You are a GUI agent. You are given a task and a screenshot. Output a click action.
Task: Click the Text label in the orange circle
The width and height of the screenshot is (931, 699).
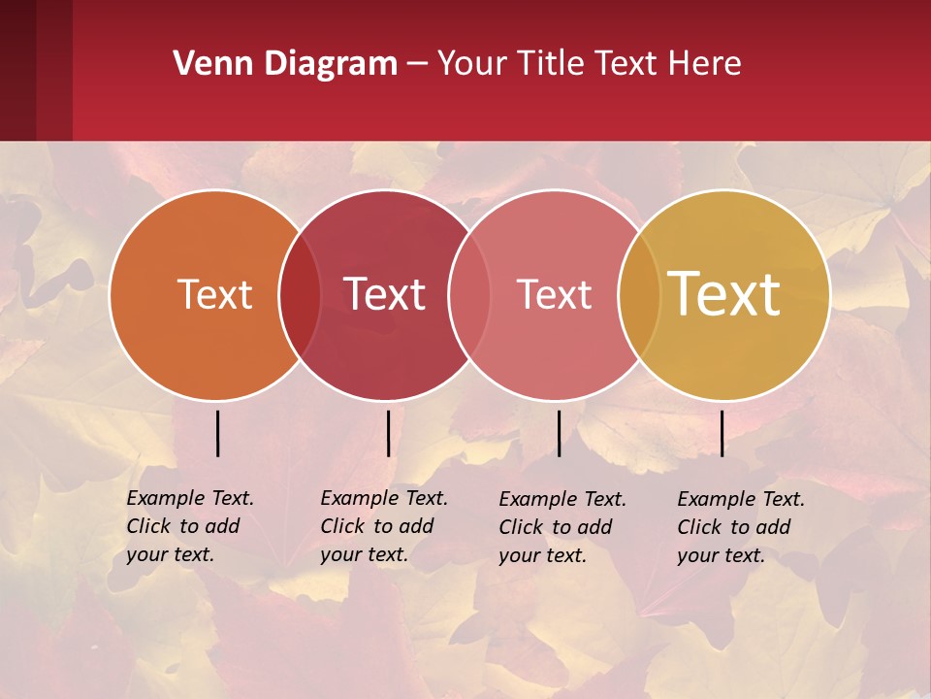pos(214,294)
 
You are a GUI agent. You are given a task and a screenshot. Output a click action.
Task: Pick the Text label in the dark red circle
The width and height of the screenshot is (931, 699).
pos(385,294)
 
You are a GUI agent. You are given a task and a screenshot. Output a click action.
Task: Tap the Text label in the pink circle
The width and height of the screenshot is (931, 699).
pos(554,294)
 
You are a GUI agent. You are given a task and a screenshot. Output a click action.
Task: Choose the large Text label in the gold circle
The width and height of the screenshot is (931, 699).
pos(724,294)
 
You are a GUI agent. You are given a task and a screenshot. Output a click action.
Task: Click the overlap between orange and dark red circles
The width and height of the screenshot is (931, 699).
pos(300,295)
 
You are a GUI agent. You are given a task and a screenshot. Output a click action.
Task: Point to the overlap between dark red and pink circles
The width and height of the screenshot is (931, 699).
pos(469,295)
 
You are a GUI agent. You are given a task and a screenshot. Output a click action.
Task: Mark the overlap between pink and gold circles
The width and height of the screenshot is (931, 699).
pos(639,295)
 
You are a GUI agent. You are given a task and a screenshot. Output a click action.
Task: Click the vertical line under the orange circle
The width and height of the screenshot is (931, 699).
pos(218,433)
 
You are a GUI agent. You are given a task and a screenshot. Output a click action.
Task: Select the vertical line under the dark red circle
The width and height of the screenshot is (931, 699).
pos(388,433)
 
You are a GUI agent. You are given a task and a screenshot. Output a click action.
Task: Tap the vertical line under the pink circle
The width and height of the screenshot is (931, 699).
pos(560,433)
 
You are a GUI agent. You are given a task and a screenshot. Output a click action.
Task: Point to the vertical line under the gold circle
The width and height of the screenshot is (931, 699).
pos(722,433)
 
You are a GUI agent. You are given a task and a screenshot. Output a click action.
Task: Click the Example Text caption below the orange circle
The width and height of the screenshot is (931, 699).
pos(189,526)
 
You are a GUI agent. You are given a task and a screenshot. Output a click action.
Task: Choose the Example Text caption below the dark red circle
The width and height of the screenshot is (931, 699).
pos(383,526)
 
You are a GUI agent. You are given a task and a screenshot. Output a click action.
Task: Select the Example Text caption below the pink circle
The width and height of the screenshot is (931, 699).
pos(562,527)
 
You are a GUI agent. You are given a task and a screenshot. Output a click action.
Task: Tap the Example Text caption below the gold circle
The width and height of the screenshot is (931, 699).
pos(740,527)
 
